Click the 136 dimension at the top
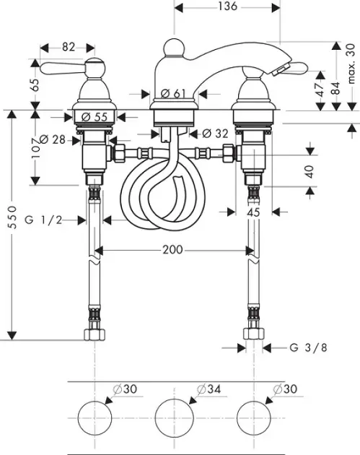click(227, 6)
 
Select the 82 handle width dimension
click(69, 47)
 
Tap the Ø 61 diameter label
click(173, 93)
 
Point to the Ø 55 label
click(95, 117)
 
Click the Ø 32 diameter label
click(215, 133)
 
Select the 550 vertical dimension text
click(12, 217)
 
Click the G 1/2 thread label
click(43, 220)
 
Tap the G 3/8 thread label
click(308, 347)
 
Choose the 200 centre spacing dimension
click(172, 250)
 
